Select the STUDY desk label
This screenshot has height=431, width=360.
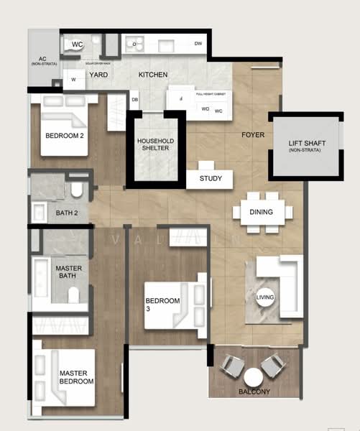point(211,179)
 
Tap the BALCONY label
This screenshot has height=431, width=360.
point(254,391)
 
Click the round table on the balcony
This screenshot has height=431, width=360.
point(254,376)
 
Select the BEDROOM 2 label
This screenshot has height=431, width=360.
point(65,136)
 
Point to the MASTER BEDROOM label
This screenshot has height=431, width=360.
point(77,378)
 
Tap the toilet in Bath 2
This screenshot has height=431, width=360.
point(77,191)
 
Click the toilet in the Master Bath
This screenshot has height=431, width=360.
point(72,295)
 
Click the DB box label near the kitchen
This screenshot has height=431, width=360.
point(134,100)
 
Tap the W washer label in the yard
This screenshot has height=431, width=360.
point(73,80)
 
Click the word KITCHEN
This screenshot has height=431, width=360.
point(153,75)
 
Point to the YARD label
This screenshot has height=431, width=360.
point(98,75)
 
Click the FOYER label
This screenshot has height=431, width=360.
point(252,134)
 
